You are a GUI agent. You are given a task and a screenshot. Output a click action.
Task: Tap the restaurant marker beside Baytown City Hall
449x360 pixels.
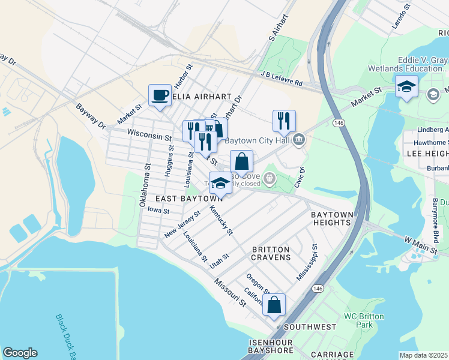pos(283,121)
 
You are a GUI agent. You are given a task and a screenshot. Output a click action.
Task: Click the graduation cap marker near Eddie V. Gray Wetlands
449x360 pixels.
pos(406,87)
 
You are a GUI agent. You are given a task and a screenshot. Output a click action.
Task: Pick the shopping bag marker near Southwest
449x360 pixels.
pos(274,305)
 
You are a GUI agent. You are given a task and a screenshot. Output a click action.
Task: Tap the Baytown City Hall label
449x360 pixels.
pos(258,141)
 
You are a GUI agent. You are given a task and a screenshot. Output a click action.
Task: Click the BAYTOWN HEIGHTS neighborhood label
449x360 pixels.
pos(331,218)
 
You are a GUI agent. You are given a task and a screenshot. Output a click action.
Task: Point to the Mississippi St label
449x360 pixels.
pos(307,262)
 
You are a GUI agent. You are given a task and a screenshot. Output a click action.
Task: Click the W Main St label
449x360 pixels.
pos(419,244)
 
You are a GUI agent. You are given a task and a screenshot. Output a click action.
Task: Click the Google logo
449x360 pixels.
pos(20,353)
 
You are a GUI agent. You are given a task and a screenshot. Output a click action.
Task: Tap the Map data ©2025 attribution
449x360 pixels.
pos(424,355)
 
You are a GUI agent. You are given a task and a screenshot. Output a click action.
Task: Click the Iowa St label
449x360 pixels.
pos(158,211)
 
